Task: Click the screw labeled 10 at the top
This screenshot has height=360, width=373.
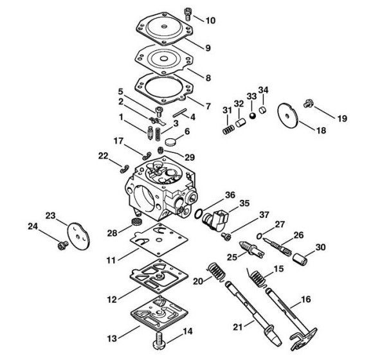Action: coord(188,14)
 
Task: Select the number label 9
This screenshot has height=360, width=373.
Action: coord(208,48)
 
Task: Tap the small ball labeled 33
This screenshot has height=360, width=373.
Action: coord(252,116)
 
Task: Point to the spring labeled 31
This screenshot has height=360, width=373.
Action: coord(228,130)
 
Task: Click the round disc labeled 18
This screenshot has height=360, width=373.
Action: coord(288,116)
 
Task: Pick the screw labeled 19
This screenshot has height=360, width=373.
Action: coord(308,104)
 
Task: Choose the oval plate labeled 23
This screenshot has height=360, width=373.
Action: coord(78,236)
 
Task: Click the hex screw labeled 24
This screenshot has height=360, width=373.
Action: coord(63,245)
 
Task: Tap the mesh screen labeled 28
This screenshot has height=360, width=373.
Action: coord(136,222)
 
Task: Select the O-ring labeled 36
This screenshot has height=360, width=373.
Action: coord(198,213)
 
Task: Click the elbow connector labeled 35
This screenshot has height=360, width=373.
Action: coord(215,220)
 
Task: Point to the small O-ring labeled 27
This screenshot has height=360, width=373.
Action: coord(259,236)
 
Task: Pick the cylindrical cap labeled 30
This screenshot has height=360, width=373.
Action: coord(300,260)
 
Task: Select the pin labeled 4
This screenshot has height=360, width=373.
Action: coord(180,113)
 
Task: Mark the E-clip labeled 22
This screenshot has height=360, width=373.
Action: coord(124,169)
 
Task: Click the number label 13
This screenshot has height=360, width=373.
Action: coord(112,338)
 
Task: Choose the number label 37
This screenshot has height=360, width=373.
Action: coord(264,215)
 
